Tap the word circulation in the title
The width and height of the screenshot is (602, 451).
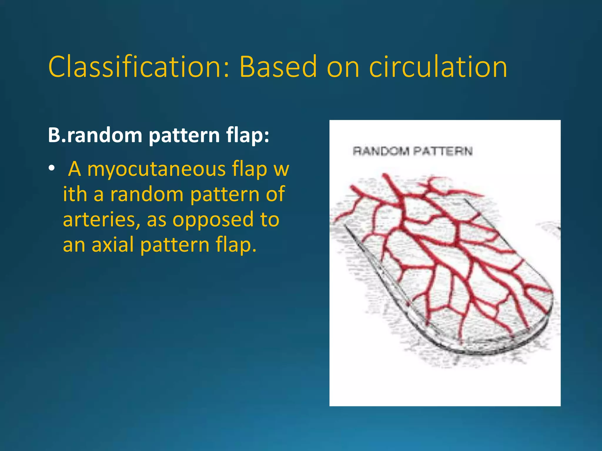[438, 67]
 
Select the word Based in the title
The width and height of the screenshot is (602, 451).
[278, 67]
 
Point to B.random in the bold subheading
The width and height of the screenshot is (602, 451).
[95, 136]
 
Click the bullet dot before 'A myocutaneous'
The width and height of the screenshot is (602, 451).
[52, 168]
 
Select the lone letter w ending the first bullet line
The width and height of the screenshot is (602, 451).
[281, 170]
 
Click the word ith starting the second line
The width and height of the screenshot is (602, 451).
[75, 194]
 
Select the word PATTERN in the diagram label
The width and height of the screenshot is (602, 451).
[443, 151]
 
